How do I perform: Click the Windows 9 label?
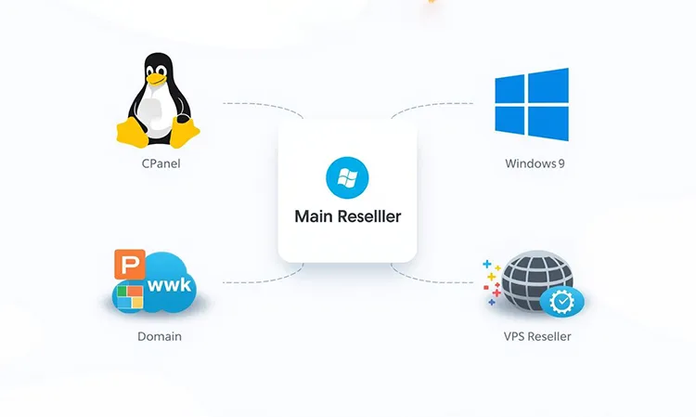point(535,163)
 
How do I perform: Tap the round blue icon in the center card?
point(347,177)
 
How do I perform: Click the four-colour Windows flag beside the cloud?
point(129,297)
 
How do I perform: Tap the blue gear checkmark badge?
point(562,301)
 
